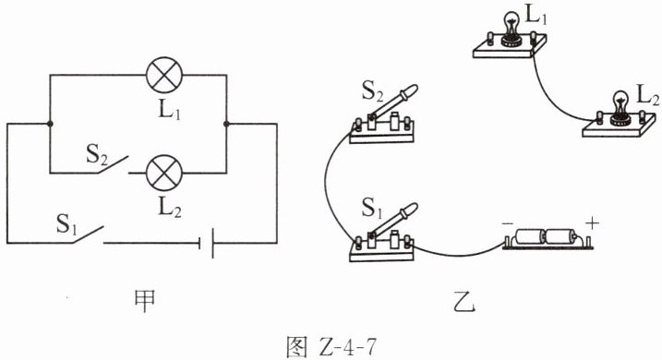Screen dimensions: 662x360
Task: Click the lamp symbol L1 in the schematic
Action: point(164,75)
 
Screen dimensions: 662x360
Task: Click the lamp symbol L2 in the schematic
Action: point(164,173)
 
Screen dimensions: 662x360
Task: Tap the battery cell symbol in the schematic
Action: point(207,243)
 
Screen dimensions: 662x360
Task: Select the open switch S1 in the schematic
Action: point(88,234)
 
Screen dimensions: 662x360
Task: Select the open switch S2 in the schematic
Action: point(113,164)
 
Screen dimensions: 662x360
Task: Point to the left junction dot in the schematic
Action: point(50,124)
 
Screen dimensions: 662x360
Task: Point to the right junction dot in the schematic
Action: point(226,124)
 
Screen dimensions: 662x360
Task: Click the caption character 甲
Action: point(144,300)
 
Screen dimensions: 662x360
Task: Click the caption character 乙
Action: point(464,301)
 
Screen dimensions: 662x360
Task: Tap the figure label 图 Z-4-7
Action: point(331,347)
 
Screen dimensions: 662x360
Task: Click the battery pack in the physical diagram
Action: point(548,238)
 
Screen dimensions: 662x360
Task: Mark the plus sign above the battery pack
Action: point(593,222)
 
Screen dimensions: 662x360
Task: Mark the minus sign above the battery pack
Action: point(508,223)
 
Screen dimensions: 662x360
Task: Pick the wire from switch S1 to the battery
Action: point(459,255)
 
